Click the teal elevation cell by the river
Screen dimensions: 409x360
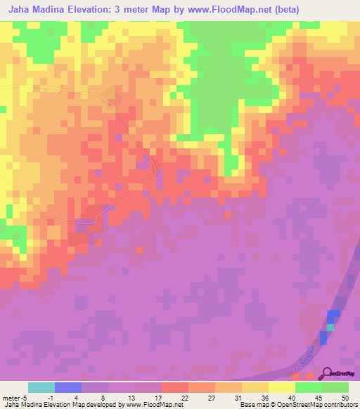tap(330, 327)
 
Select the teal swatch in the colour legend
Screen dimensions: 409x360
tap(41, 387)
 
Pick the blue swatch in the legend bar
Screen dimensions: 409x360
tap(68, 387)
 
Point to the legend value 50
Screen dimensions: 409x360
tap(344, 398)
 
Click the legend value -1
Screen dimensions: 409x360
tap(49, 398)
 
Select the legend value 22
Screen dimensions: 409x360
tap(184, 398)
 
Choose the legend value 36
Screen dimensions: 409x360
tap(264, 398)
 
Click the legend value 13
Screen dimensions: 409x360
tap(130, 398)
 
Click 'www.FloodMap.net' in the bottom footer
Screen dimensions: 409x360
tap(149, 405)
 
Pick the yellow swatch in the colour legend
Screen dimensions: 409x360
tap(282, 387)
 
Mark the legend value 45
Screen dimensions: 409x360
tap(317, 398)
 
